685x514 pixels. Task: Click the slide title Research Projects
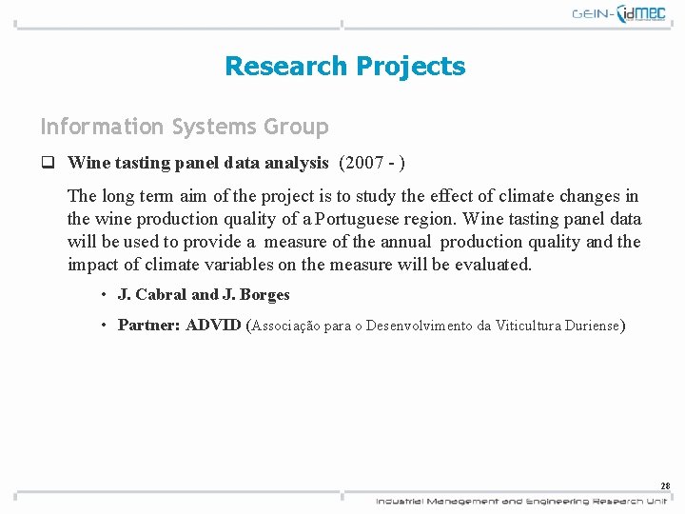tap(344, 66)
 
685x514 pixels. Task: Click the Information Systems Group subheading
tap(184, 127)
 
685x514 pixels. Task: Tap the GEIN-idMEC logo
tap(621, 13)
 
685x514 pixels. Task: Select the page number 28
tap(665, 485)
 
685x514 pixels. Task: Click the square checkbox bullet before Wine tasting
tap(46, 163)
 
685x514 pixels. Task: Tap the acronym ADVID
tap(214, 325)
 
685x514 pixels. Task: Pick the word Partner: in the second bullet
tap(149, 325)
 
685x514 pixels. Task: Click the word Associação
tap(285, 326)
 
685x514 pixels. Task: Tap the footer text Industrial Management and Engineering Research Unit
tap(521, 501)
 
